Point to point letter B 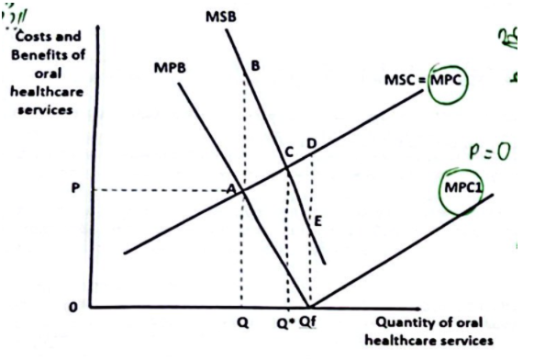(x=254, y=65)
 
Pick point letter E (x=317, y=220)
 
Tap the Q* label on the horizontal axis (x=285, y=325)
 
